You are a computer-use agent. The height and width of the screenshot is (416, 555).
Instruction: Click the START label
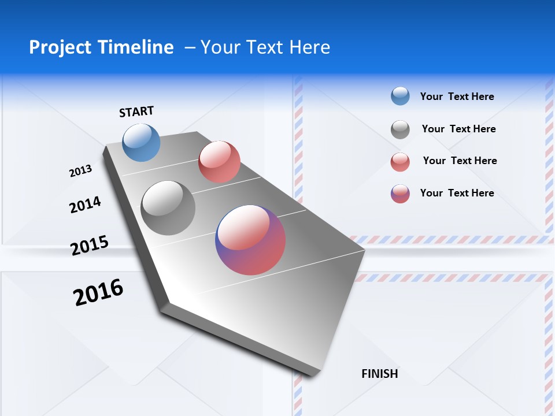(x=136, y=112)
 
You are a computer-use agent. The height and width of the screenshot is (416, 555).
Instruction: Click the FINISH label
(x=380, y=374)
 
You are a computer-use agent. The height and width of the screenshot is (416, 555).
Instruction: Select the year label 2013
(x=80, y=171)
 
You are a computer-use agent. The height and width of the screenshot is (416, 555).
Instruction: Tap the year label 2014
(x=85, y=205)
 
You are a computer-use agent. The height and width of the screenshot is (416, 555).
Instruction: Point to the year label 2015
(x=90, y=246)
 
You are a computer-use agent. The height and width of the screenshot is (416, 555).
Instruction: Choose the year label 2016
(x=98, y=292)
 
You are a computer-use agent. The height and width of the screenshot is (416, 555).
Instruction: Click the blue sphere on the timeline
(x=142, y=142)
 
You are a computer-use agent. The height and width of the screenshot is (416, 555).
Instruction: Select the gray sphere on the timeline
(x=168, y=207)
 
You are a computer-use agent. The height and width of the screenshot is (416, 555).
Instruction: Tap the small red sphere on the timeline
(x=219, y=162)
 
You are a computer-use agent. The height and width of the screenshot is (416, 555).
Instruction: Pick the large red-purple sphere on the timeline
(x=250, y=240)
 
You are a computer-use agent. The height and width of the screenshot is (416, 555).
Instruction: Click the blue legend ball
(x=400, y=96)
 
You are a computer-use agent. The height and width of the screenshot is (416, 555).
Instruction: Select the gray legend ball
(x=400, y=129)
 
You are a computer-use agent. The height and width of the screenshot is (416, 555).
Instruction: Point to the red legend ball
(x=400, y=162)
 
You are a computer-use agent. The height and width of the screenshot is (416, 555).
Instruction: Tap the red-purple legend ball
(x=400, y=194)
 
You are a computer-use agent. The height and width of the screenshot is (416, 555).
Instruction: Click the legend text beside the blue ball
(x=457, y=96)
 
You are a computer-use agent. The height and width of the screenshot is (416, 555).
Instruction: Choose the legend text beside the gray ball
(x=458, y=129)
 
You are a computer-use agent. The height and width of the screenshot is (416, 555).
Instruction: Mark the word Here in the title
(x=309, y=47)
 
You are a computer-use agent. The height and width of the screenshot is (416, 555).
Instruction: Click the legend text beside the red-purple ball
(x=457, y=193)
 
